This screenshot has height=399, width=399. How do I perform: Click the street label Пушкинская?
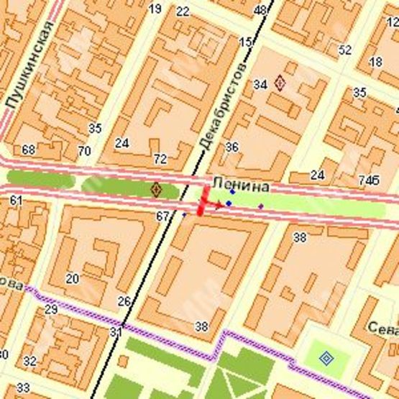[29, 65]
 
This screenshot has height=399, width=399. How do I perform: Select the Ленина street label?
[240, 186]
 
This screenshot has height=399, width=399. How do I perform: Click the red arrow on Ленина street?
[216, 204]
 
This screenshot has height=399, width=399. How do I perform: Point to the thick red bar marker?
[203, 201]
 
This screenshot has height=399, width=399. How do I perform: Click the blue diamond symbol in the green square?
[326, 357]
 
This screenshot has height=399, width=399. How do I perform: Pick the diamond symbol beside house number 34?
[280, 83]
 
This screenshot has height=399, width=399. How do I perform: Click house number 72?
[160, 158]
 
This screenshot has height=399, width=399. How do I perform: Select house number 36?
[231, 147]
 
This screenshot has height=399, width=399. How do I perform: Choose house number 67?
[162, 216]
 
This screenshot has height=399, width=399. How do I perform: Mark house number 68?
[29, 150]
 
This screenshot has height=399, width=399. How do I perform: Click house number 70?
[84, 151]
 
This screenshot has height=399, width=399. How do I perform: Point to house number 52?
[345, 50]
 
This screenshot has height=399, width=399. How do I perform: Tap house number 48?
[260, 9]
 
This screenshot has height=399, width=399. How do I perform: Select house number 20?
[72, 278]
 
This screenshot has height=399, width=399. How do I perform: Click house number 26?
[124, 301]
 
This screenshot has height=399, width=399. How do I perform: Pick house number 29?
[50, 309]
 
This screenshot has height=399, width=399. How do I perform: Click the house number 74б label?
[369, 179]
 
